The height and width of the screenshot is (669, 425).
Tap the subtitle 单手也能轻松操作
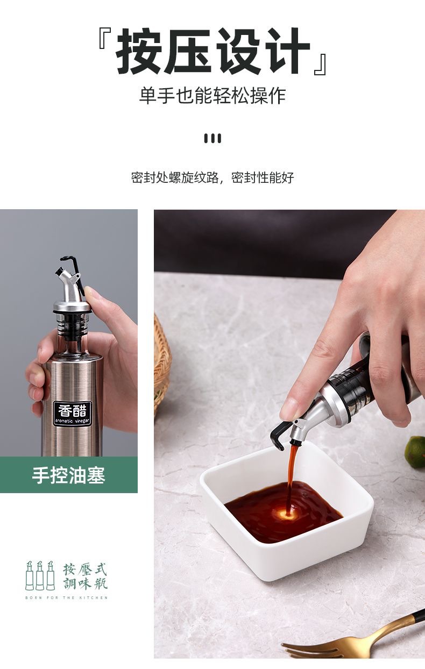coord(212,96)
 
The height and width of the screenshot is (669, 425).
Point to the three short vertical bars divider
coord(212,138)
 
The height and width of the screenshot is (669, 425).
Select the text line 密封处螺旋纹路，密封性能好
coord(212,177)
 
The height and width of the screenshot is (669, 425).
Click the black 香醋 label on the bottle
coord(72,414)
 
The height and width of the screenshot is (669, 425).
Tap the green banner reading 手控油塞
coord(69,474)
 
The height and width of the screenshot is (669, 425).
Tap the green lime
coord(415,452)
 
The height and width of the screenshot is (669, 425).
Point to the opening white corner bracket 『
coord(105,39)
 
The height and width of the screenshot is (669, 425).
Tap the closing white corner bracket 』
coord(321,64)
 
